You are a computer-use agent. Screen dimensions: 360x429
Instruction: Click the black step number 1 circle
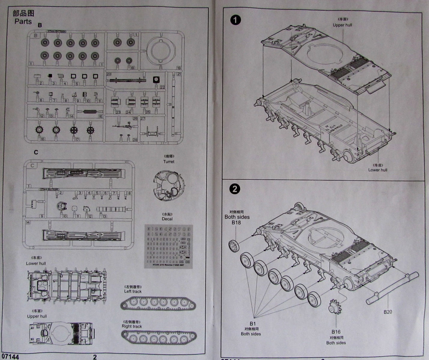(x=236, y=20)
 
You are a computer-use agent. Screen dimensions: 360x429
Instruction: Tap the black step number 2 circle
(x=235, y=189)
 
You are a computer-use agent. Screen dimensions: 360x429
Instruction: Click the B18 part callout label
(x=236, y=222)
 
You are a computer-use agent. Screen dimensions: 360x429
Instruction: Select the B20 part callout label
(x=388, y=312)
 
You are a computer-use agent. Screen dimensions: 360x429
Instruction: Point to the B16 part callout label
(x=336, y=331)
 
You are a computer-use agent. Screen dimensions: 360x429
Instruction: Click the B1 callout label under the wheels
(x=252, y=323)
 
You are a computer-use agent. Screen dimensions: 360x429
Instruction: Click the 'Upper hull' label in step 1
(x=342, y=25)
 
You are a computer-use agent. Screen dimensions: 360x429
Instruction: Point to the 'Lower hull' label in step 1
(x=378, y=170)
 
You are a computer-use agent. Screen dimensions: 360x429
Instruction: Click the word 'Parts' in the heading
(x=23, y=21)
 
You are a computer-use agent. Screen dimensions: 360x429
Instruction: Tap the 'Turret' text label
(x=168, y=161)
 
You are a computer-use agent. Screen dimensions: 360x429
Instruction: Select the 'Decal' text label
(x=167, y=219)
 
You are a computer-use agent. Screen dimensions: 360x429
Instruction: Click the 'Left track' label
(x=133, y=291)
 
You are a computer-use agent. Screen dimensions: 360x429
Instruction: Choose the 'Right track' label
(x=132, y=326)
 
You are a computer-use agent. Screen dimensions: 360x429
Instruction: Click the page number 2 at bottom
(x=95, y=357)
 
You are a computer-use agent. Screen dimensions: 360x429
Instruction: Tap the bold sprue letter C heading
(x=36, y=152)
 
